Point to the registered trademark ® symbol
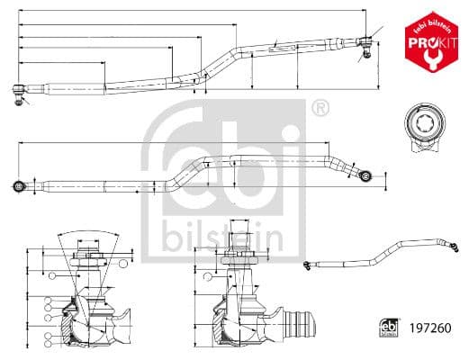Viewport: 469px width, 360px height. (319, 109)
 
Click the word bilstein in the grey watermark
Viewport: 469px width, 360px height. (222, 237)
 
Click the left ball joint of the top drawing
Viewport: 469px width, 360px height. (20, 90)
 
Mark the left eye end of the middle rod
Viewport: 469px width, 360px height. (19, 186)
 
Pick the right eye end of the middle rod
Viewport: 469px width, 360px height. (365, 174)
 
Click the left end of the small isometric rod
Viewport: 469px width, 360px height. (308, 263)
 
